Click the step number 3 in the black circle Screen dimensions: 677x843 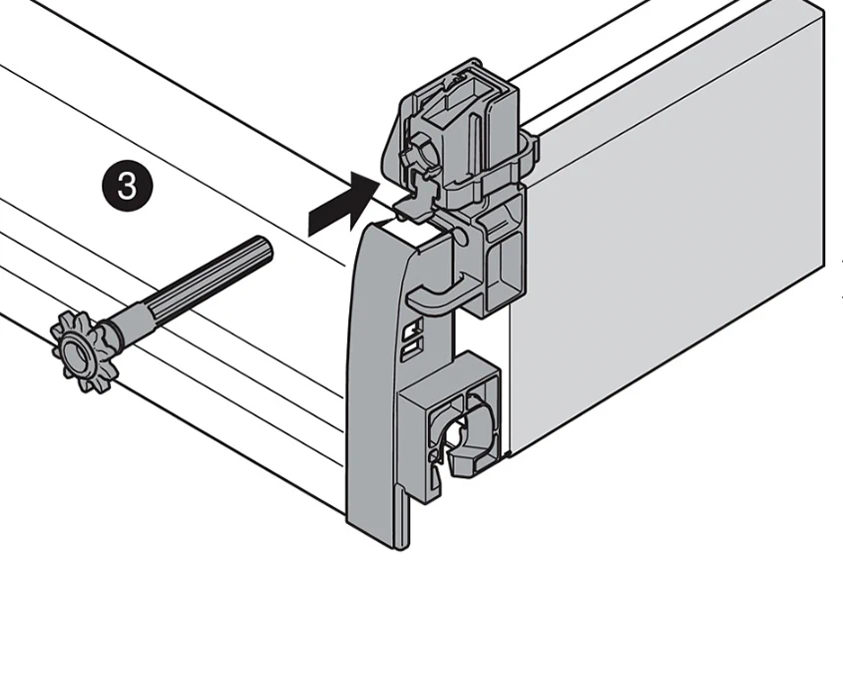coord(127,187)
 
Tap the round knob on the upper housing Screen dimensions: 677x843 coord(415,157)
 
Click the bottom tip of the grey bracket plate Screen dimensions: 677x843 coord(400,539)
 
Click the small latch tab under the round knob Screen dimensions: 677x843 coord(424,185)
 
